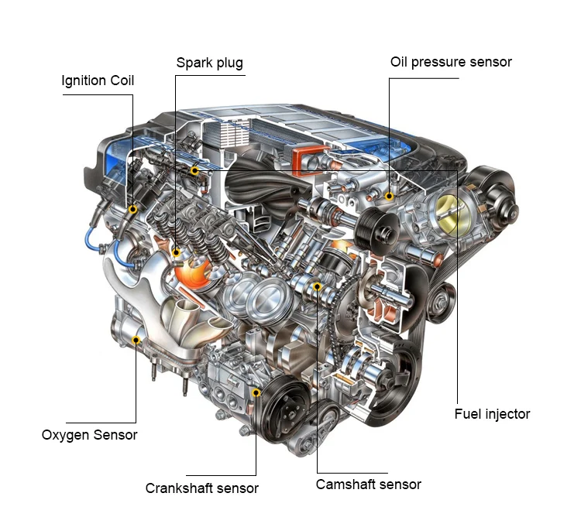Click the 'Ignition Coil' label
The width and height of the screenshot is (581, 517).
pos(98,80)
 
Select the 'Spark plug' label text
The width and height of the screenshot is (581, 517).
pos(209,63)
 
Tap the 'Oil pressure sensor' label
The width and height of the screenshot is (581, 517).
pos(451,62)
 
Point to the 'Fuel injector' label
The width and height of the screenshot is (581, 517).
pos(492,414)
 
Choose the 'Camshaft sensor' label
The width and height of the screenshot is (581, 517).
pos(368,484)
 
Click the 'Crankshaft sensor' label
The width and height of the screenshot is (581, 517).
pos(201,488)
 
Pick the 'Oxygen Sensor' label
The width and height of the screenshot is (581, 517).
pos(89,435)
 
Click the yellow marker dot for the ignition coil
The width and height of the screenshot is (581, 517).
pos(132,210)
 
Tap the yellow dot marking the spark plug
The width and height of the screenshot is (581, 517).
pos(177,253)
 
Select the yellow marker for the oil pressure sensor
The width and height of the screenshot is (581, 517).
pos(389,196)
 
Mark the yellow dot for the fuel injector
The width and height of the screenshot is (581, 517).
pos(194,170)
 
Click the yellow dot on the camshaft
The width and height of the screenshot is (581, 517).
pos(317,286)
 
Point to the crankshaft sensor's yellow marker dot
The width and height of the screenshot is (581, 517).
pos(256,392)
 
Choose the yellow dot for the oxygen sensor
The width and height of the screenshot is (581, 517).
pos(136,340)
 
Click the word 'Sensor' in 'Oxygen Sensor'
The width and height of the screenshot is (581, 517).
pos(115,435)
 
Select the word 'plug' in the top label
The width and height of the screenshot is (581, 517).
pos(230,63)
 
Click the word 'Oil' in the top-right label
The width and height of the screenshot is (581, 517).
pos(399,62)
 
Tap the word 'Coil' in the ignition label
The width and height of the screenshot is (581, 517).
pos(122,80)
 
